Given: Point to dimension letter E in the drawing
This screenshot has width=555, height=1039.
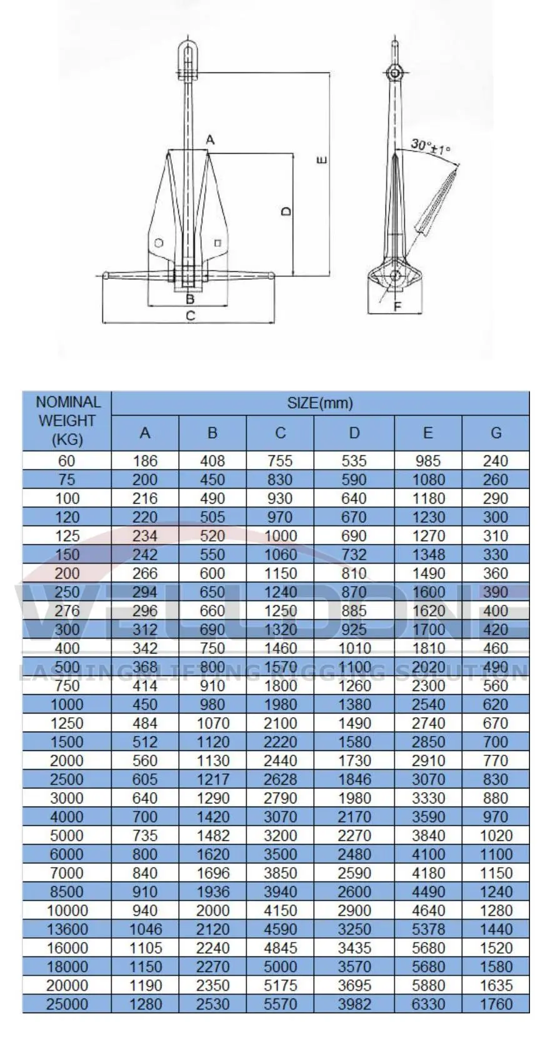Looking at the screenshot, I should point(321,160).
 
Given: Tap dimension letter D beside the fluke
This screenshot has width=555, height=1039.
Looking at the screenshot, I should point(286,211).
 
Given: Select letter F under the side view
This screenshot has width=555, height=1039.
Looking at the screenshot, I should point(397,306).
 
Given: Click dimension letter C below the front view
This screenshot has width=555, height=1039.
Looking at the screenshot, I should point(191,316).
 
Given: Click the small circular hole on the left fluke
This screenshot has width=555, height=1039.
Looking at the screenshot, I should point(159,242).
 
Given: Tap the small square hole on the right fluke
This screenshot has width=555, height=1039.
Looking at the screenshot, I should point(217,242).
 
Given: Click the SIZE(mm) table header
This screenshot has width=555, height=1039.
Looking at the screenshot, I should point(320,403).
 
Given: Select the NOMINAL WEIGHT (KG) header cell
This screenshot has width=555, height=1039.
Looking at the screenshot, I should point(67,420).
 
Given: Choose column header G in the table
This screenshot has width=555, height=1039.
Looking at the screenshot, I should point(496,432).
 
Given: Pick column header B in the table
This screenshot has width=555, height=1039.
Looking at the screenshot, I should point(212,432).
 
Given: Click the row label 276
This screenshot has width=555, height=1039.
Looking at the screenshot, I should point(67,610).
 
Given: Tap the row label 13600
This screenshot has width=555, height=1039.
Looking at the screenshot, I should point(67,929).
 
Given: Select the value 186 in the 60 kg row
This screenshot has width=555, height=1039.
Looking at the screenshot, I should point(145,461).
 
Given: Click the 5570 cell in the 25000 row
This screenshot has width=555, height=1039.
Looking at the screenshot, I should point(280,1004).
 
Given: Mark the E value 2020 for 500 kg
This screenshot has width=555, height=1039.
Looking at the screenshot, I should point(428,667).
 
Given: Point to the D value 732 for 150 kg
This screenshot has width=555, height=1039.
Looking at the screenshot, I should point(354,555).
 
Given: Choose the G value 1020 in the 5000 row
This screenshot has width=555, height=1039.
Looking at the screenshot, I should point(496,835).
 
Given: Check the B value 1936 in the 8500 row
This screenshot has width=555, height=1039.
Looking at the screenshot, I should point(212,892).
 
